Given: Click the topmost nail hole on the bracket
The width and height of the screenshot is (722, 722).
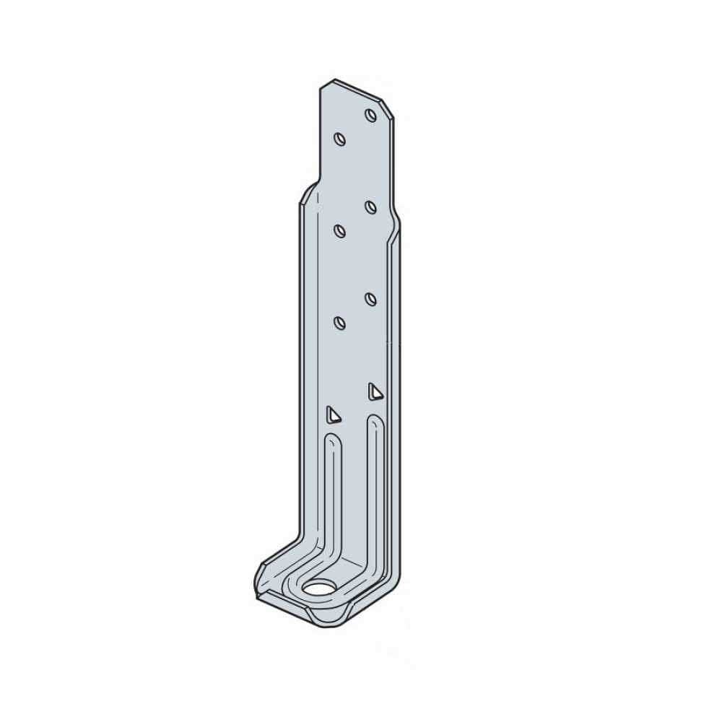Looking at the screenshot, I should pyautogui.click(x=371, y=115).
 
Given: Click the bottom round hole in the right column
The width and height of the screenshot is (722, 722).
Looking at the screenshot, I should pyautogui.click(x=371, y=299).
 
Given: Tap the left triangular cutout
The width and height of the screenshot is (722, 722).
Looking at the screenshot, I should pyautogui.click(x=332, y=414).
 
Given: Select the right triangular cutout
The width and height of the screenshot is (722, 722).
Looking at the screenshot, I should pyautogui.click(x=374, y=391).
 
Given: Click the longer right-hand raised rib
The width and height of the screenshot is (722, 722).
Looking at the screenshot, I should pyautogui.click(x=376, y=491).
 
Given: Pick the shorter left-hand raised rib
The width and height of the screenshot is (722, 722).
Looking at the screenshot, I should pyautogui.click(x=333, y=498).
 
